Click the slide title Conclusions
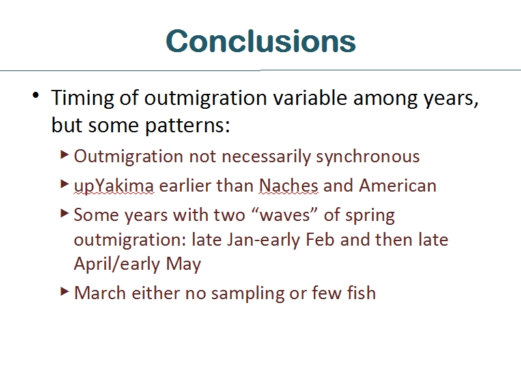pos(261,41)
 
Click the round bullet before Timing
pos(36,95)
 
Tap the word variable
pos(311,98)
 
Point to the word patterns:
pos(188,126)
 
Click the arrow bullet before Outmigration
pos(64,154)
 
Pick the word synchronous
pos(368,156)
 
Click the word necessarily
pos(266,156)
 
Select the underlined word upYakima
pos(114,186)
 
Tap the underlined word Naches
pos(289,186)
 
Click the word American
pos(398,186)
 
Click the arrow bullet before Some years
pos(64,213)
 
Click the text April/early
pos(117,265)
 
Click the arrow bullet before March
pos(64,291)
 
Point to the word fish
pos(361,293)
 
